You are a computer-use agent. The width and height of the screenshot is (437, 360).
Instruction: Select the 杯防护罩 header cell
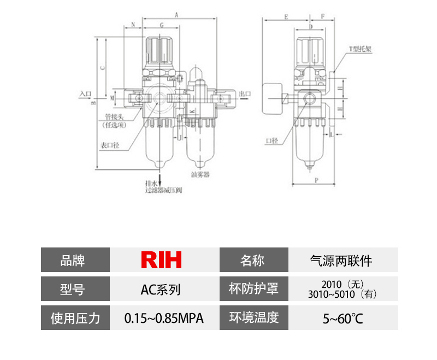253,289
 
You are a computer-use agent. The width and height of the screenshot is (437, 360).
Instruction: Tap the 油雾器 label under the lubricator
200,175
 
